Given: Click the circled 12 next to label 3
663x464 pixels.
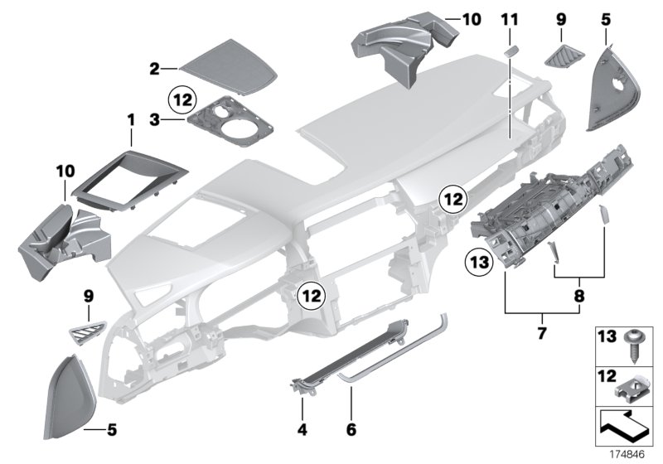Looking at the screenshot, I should click(183, 100).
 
